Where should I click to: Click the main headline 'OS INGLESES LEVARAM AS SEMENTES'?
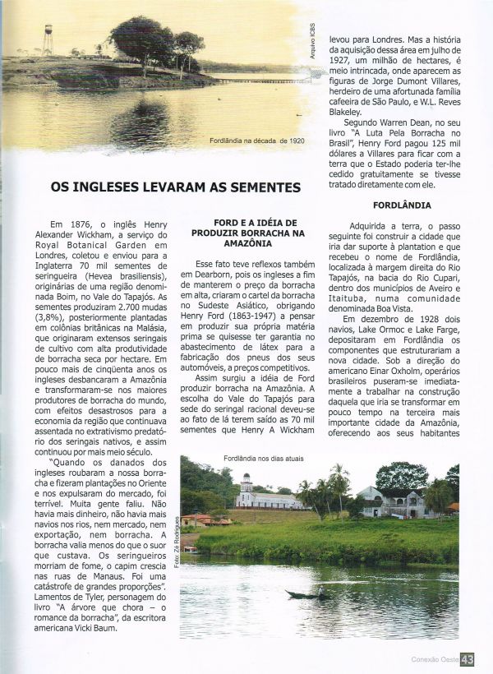coord(176,187)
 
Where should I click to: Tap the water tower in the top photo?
coord(48,39)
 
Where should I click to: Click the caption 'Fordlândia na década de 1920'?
coord(257,141)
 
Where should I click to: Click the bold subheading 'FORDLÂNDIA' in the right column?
coord(403,202)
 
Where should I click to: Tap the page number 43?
coord(468,659)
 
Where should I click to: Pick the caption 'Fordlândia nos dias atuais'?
coord(257,457)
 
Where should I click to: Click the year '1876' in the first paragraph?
coord(81,224)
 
